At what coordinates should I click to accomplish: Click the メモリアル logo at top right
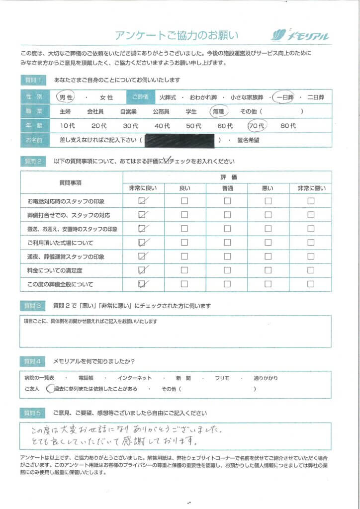point(300,35)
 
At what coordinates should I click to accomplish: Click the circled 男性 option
point(66,97)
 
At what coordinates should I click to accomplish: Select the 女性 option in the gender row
point(106,97)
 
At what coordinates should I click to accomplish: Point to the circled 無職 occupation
point(219,112)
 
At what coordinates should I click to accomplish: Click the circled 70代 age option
point(258,126)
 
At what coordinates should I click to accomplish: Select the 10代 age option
point(67,126)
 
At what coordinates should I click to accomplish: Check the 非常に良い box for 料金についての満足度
point(143,270)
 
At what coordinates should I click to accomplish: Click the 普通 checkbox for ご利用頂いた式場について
point(227,243)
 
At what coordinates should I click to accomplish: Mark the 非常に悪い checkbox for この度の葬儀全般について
point(311,284)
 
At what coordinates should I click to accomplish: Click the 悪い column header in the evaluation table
point(268,188)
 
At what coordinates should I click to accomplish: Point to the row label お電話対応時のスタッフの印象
point(67,201)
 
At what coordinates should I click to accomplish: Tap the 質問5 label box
point(33,413)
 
